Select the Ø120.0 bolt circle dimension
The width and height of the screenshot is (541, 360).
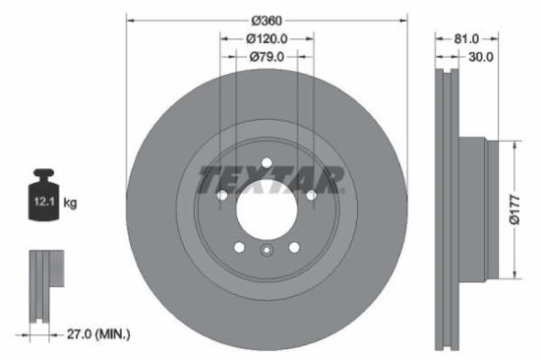[267, 38]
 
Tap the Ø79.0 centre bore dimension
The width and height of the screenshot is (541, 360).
[267, 56]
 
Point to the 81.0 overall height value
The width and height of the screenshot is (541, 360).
[467, 38]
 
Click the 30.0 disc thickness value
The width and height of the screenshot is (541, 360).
[481, 56]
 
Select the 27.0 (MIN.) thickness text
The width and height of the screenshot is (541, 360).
[93, 334]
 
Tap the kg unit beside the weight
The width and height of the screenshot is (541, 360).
[70, 203]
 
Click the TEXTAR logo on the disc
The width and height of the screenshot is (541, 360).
[271, 180]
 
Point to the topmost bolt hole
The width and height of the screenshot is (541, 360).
[267, 160]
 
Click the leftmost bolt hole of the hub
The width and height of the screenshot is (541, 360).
[221, 195]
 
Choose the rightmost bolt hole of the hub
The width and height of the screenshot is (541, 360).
[312, 195]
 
